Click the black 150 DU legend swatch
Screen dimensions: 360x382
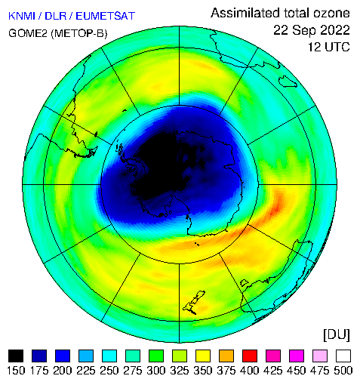[x=16, y=356]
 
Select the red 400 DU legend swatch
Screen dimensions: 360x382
[x=250, y=356]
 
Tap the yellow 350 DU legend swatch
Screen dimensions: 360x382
[x=203, y=356]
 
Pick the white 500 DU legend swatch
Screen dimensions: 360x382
[x=343, y=356]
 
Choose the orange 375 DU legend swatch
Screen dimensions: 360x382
[x=226, y=356]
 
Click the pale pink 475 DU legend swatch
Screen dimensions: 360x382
[x=320, y=356]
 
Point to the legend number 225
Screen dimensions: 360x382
[x=86, y=371]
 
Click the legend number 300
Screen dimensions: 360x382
[x=156, y=371]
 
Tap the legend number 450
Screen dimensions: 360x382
[x=297, y=371]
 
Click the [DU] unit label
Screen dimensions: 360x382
[x=337, y=335]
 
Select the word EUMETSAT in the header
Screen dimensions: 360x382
[x=106, y=16]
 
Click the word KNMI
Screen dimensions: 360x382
[x=22, y=16]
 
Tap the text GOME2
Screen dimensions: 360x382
[x=28, y=33]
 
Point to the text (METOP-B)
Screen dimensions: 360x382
[x=79, y=33]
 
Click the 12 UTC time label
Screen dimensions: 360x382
[x=329, y=47]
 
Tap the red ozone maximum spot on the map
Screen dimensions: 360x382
[x=276, y=208]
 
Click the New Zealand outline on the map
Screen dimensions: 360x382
[x=194, y=303]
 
